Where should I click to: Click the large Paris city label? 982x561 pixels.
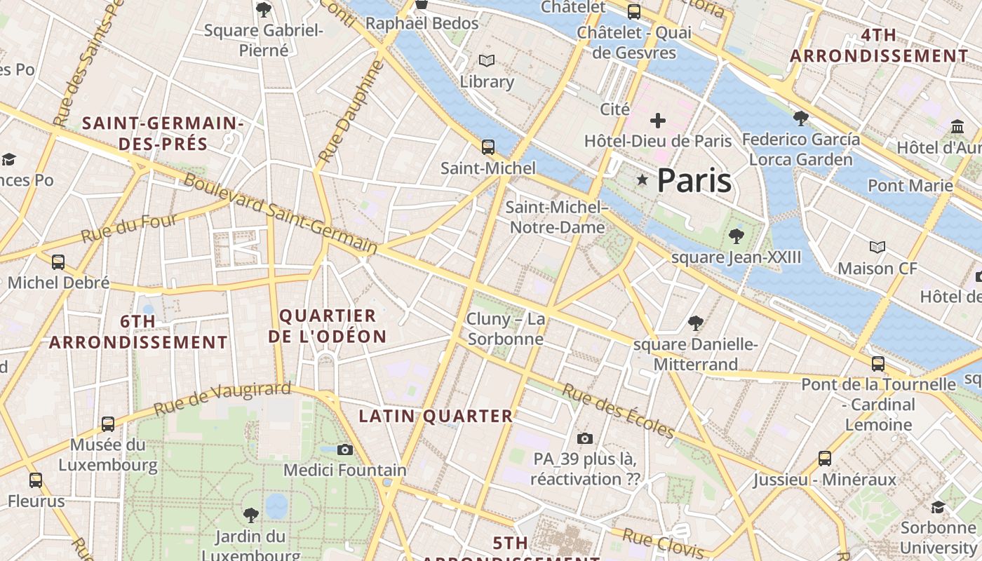(x=694, y=181)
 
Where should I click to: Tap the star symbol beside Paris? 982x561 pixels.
(x=642, y=180)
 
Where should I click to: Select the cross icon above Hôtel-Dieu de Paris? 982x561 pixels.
(x=657, y=121)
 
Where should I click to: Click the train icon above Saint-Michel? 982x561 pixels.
(x=487, y=147)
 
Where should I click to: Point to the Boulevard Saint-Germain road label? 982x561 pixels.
(x=281, y=214)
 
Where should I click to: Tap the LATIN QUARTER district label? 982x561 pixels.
(x=436, y=416)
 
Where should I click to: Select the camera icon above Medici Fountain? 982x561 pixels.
(x=345, y=450)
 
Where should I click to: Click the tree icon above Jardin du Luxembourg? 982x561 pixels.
(x=250, y=515)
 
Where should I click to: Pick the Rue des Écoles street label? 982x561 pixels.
(x=618, y=411)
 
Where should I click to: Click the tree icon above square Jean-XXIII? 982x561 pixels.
(x=736, y=236)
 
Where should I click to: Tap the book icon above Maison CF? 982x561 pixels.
(x=877, y=247)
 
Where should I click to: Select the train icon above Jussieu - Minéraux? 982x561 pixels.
(x=825, y=459)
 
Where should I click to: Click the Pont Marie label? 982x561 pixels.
(x=910, y=185)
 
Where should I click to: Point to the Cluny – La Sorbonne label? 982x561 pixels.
(x=506, y=329)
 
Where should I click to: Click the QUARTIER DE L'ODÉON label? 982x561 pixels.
(x=328, y=326)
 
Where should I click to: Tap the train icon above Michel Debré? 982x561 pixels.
(x=58, y=262)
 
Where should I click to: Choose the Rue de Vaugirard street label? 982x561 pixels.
(x=222, y=398)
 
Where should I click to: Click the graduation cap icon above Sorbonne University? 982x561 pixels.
(x=938, y=506)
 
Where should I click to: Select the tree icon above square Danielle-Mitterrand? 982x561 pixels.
(x=695, y=323)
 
